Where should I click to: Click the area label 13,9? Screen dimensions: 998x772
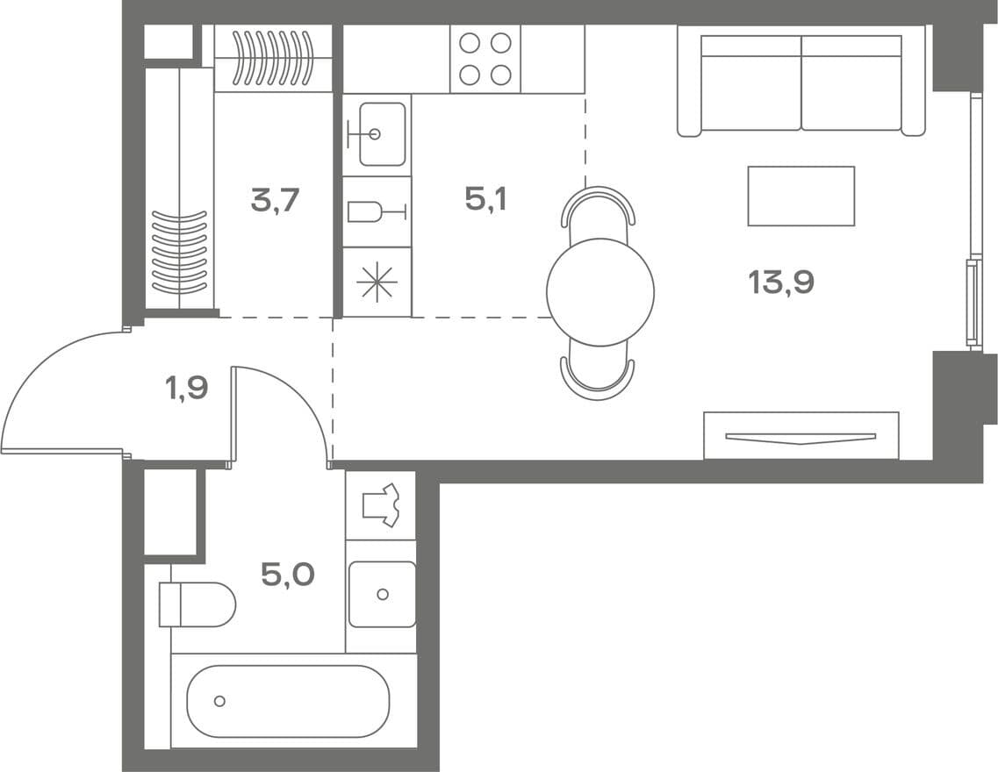point(781,282)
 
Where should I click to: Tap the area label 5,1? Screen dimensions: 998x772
point(485,200)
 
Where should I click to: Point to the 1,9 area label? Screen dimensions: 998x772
point(187,387)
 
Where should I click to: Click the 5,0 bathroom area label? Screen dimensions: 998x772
point(288,575)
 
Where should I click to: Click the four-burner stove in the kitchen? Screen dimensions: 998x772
point(485,59)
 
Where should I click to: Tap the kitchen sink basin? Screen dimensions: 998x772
point(382,134)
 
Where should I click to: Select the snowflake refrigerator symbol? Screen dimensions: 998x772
point(377,281)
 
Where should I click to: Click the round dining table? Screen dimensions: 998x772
point(600,292)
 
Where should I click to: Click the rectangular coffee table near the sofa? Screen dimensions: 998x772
point(801,196)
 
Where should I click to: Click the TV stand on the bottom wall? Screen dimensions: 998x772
point(801,436)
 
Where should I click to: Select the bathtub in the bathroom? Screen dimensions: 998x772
point(288,702)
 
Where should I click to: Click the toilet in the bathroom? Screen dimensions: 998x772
point(197,604)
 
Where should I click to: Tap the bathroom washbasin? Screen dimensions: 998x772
point(382,594)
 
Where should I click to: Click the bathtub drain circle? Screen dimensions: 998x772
point(219,702)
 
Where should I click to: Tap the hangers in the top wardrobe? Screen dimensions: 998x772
point(274,59)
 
